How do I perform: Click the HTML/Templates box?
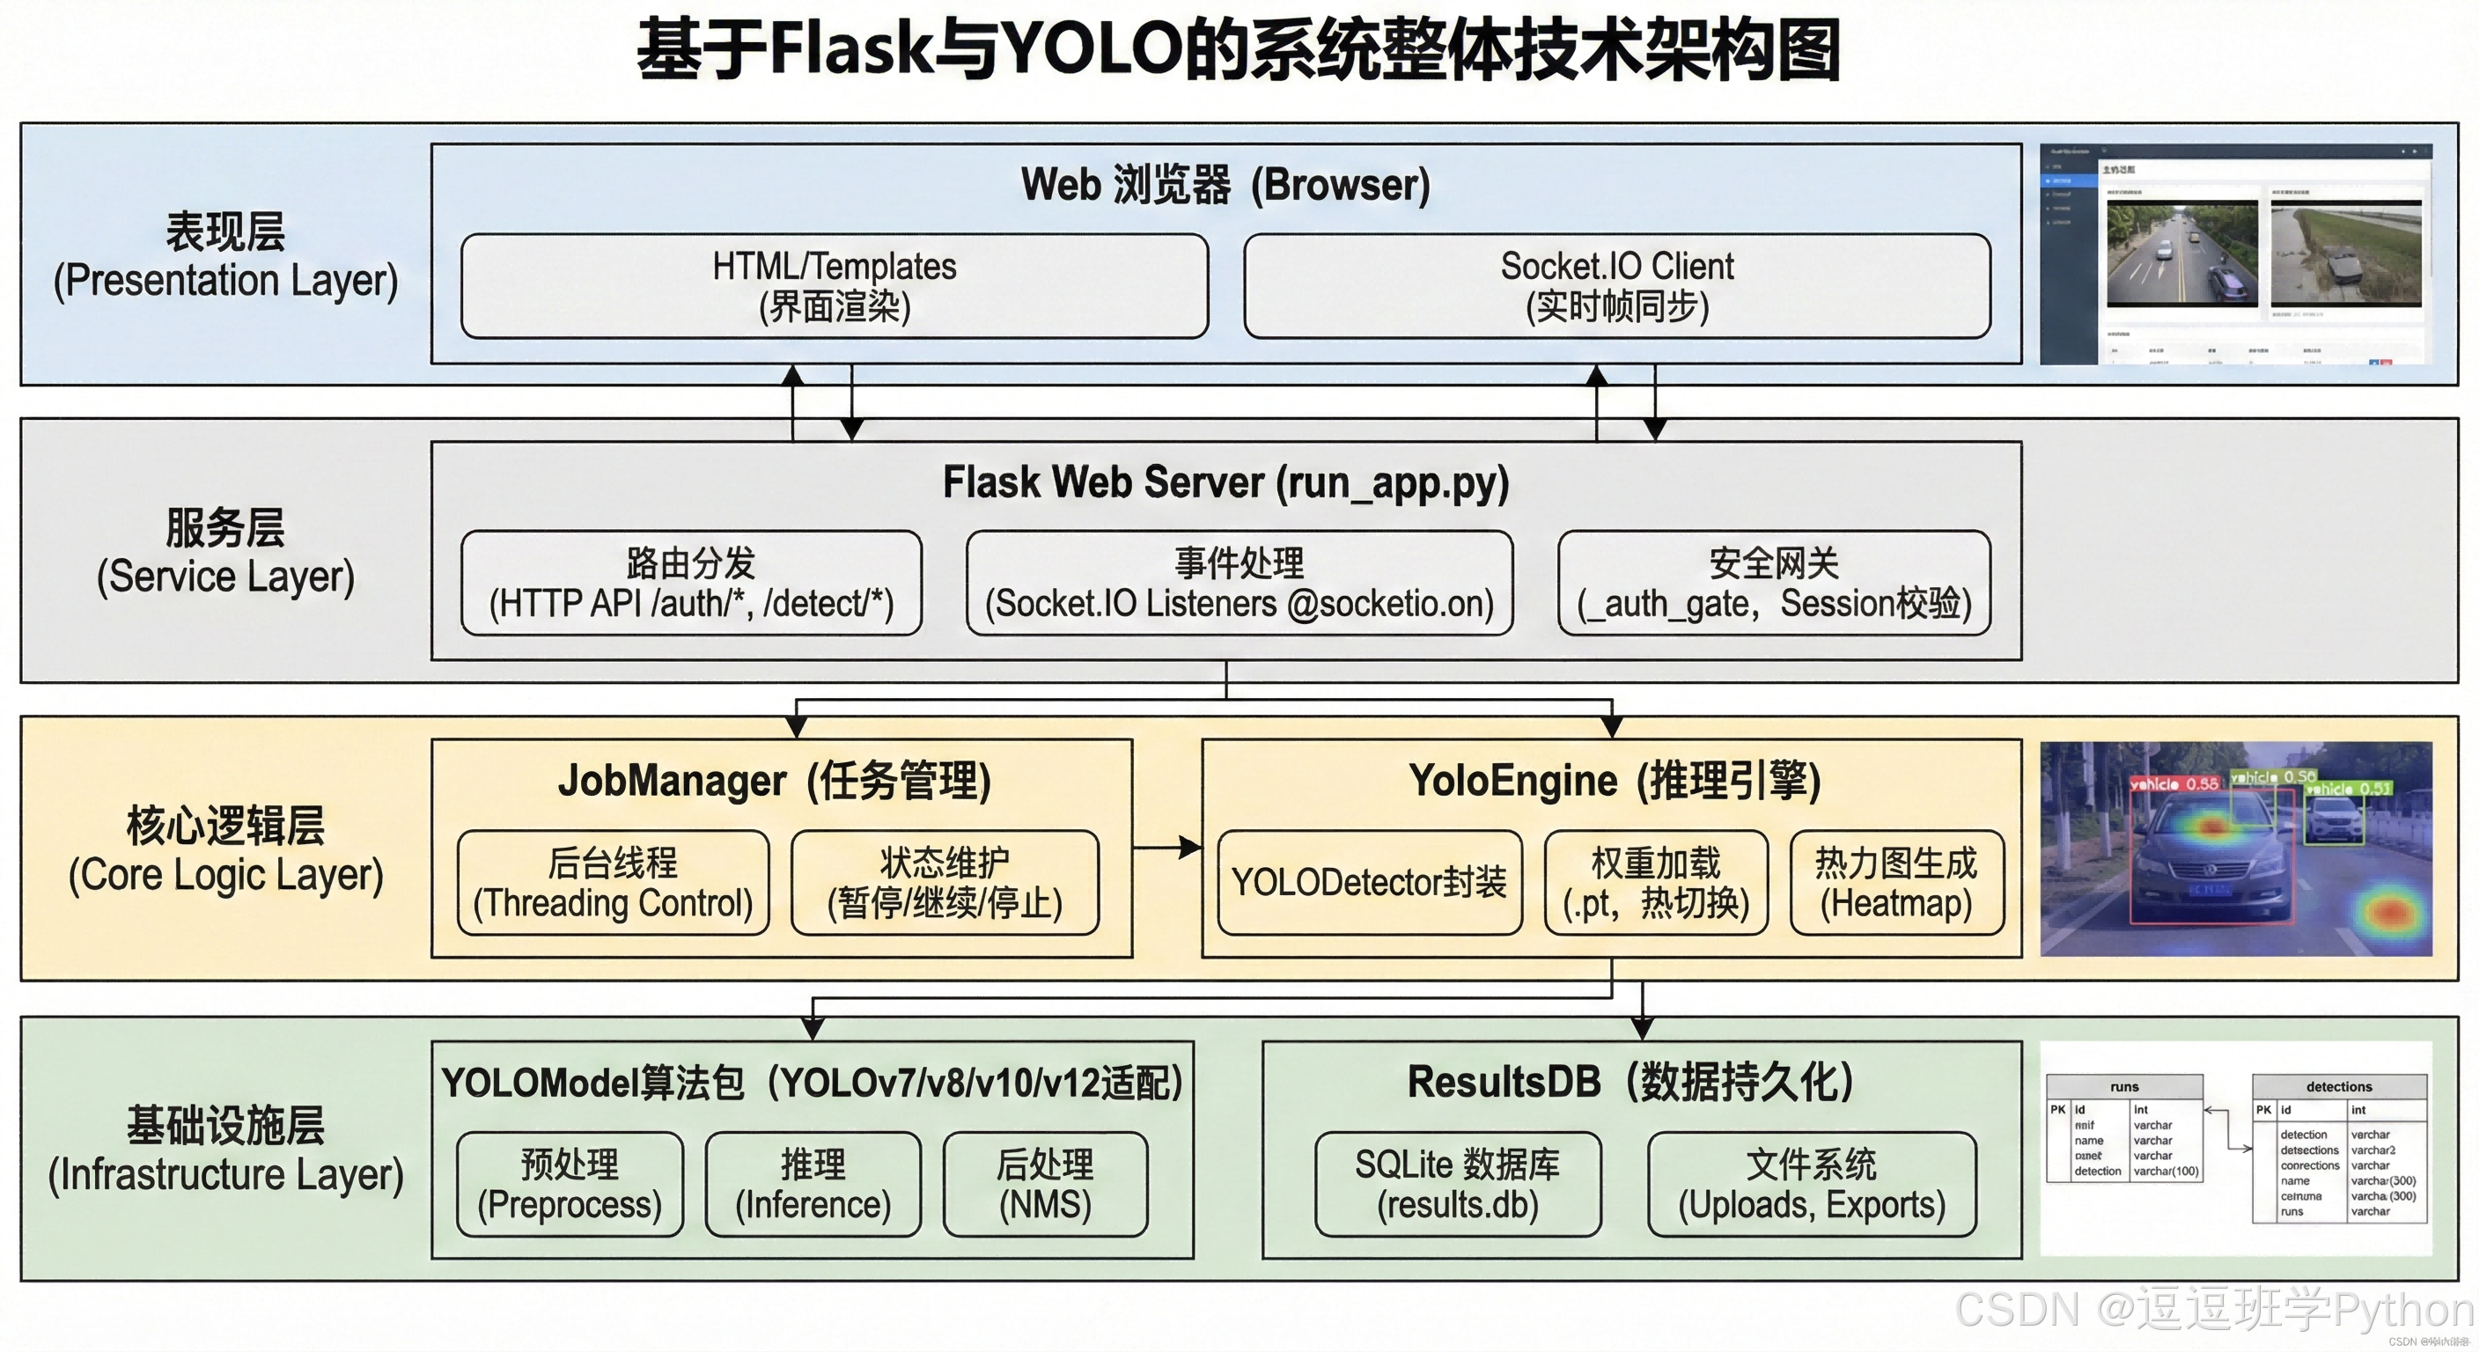click(835, 286)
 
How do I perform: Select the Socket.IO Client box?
click(1617, 286)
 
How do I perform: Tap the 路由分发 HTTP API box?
click(691, 584)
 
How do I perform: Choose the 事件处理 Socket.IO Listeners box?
click(1239, 584)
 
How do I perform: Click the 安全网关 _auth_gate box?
click(1774, 584)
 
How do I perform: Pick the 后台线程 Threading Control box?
click(613, 882)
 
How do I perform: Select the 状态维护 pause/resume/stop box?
click(944, 882)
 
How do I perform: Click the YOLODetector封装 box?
click(1370, 882)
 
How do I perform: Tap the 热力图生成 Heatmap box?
click(1896, 882)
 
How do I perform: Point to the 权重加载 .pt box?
click(1655, 882)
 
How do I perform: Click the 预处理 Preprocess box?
click(570, 1184)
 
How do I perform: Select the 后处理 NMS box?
click(1045, 1184)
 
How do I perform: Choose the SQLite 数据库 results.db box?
click(1457, 1184)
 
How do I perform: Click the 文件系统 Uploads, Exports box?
click(1811, 1184)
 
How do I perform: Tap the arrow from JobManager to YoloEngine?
click(1166, 848)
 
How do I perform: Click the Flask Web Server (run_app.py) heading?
click(1225, 482)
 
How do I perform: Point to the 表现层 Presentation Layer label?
click(225, 256)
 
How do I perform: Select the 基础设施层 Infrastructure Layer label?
click(225, 1149)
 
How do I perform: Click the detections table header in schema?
click(2338, 1086)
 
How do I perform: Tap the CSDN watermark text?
click(2213, 1310)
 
